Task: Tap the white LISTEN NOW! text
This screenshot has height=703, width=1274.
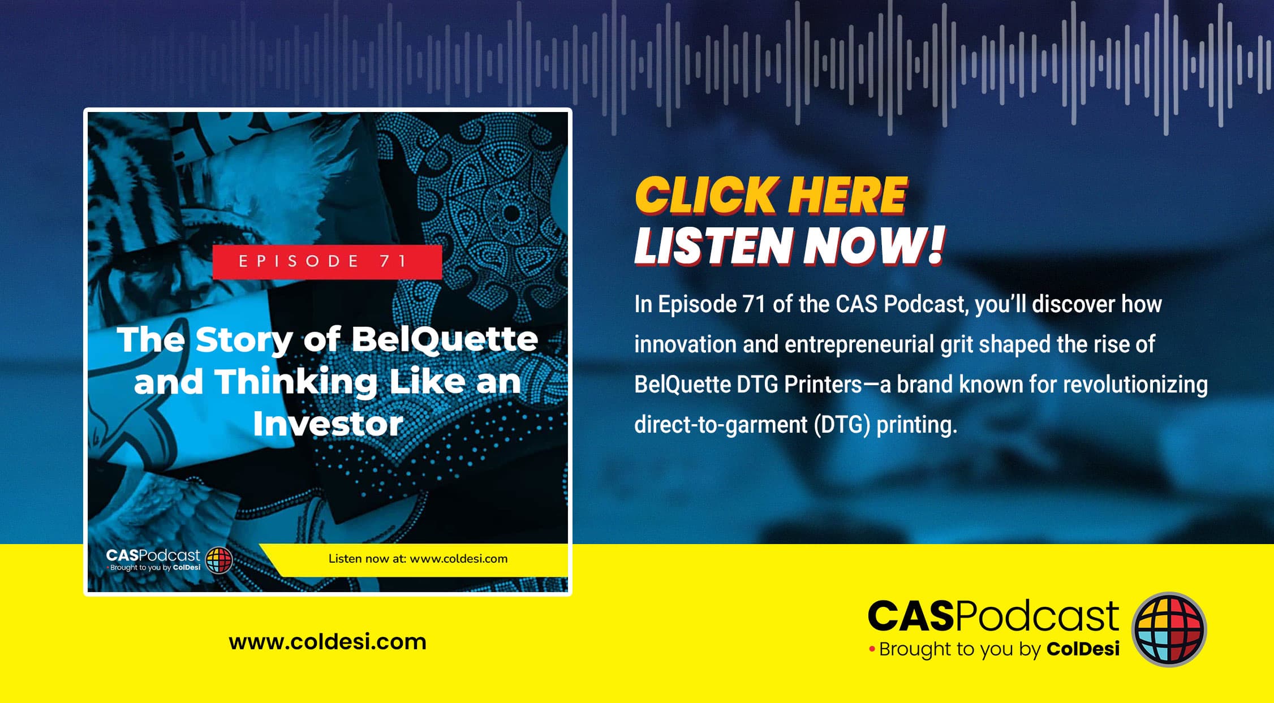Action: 790,246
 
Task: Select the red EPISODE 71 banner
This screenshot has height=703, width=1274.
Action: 327,261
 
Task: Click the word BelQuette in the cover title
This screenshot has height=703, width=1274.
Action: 445,339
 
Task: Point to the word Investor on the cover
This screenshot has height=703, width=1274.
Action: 328,423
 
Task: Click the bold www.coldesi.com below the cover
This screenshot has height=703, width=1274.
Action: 328,642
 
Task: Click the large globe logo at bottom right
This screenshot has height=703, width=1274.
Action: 1169,629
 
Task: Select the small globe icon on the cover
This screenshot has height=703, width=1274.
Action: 219,560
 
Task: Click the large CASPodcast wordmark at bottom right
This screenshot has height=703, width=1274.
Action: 993,616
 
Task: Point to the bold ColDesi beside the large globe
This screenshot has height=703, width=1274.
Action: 1083,649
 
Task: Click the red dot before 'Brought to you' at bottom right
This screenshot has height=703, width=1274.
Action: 872,649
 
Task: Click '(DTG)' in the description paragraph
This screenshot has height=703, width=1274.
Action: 842,425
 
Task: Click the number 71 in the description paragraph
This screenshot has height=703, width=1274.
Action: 754,304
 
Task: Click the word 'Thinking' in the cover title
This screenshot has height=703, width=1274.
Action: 296,382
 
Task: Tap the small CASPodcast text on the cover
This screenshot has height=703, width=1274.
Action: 153,555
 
